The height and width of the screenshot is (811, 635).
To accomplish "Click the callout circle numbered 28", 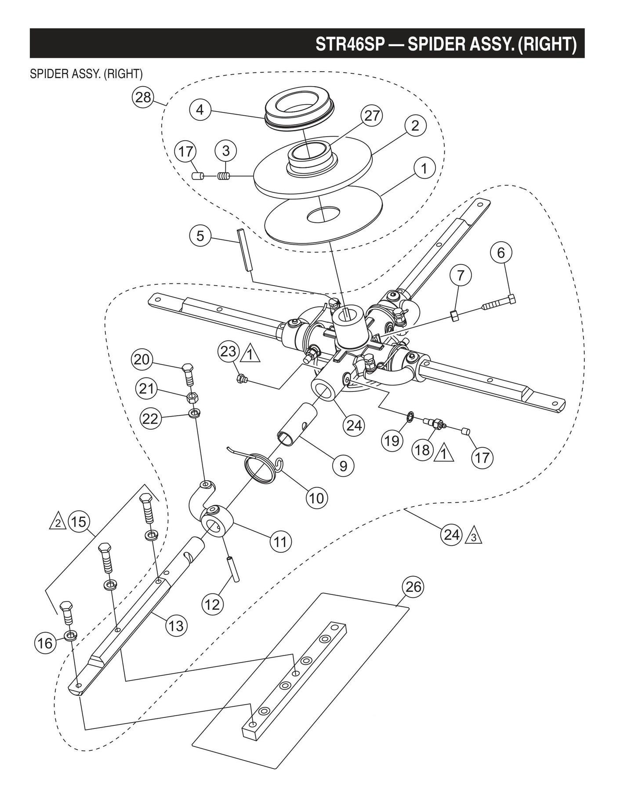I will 143,97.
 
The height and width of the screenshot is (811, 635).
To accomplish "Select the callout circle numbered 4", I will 200,109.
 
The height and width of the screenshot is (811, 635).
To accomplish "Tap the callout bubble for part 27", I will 372,116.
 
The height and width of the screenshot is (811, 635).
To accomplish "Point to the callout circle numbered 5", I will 200,236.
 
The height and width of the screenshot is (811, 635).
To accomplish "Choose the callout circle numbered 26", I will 413,587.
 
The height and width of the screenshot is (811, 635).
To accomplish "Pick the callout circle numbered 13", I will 176,625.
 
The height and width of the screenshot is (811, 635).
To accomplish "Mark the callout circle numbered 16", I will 45,643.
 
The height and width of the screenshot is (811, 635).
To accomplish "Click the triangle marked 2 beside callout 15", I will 58,523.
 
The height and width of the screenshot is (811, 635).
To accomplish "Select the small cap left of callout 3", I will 197,176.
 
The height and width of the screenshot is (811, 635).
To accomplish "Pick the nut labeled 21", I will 192,398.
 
